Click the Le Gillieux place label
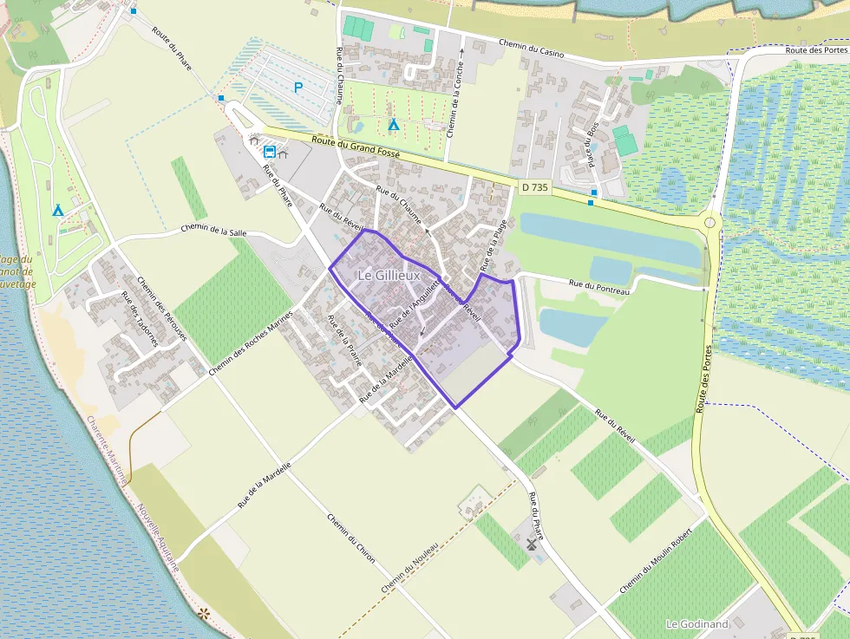[x=389, y=275]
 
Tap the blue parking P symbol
[x=299, y=87]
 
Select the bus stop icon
[x=270, y=152]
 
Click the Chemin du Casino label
[x=532, y=48]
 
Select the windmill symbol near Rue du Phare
[x=532, y=544]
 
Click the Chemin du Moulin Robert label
[x=656, y=559]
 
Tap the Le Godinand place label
[x=696, y=623]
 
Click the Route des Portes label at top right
[x=816, y=49]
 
